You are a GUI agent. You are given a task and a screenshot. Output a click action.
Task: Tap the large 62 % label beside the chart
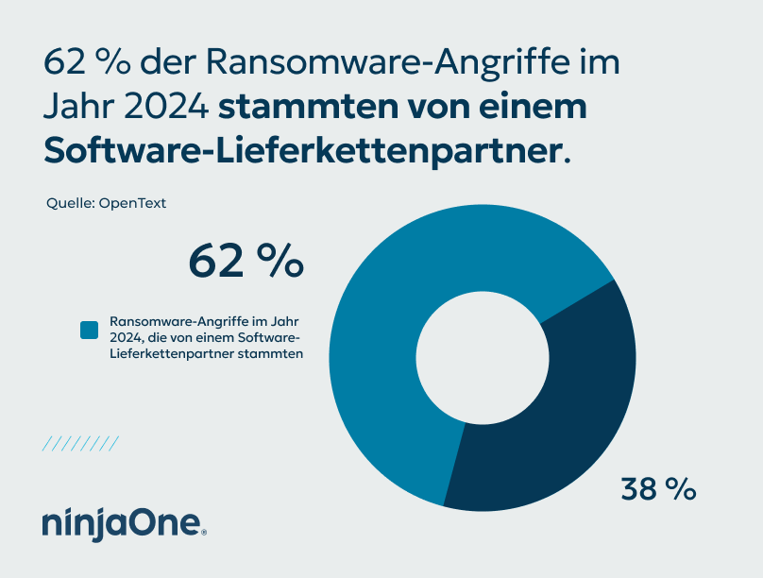(246, 261)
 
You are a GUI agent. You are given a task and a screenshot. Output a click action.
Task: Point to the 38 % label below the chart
(658, 488)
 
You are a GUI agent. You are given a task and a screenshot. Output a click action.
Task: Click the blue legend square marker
(90, 330)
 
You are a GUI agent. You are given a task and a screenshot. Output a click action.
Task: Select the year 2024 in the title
(165, 106)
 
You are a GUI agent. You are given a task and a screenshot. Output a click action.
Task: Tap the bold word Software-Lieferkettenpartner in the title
(302, 149)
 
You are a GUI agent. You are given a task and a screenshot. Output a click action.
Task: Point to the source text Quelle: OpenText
(106, 203)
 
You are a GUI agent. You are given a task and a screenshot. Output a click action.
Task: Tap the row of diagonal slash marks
(80, 443)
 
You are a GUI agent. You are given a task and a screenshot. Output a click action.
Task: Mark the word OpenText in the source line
(132, 203)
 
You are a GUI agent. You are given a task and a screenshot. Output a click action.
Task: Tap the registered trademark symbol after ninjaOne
(204, 533)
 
